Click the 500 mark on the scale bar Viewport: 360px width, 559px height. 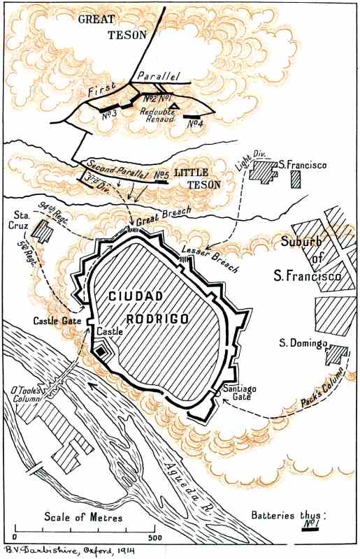pos(156,539)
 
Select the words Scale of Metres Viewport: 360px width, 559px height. pos(83,517)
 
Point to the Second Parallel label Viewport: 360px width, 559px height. pos(113,169)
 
